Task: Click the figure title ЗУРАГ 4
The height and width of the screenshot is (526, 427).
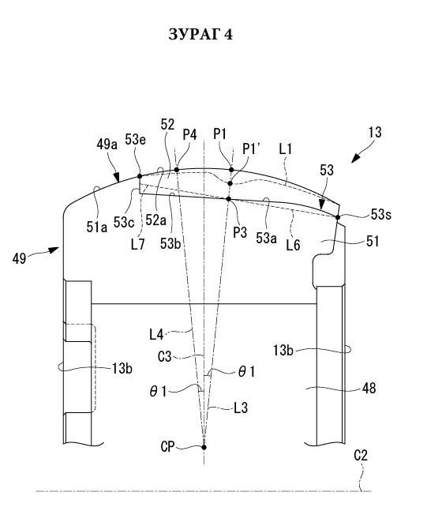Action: (200, 35)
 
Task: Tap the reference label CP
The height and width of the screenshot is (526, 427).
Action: (167, 446)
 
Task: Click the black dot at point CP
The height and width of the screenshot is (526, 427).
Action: (204, 447)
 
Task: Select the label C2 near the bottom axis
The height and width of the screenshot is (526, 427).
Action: (361, 455)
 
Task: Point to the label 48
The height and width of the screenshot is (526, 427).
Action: (369, 388)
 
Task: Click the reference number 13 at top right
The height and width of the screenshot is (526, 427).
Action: (375, 133)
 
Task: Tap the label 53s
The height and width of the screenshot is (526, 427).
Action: (380, 214)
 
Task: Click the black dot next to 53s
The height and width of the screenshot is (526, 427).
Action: (338, 217)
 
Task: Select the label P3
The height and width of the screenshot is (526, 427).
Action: (240, 232)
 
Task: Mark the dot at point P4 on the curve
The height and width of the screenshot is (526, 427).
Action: (177, 169)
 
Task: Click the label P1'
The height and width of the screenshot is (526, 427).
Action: (251, 149)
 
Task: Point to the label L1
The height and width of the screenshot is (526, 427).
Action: (286, 149)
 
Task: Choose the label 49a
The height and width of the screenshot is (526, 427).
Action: (107, 145)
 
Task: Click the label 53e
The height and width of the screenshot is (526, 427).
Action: (136, 140)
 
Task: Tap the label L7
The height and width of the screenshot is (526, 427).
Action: (138, 245)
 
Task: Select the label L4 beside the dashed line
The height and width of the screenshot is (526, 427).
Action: (156, 334)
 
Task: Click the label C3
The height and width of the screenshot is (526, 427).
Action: (164, 357)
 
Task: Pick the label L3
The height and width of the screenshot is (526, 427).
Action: (241, 408)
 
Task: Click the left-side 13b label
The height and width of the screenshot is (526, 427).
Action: (122, 369)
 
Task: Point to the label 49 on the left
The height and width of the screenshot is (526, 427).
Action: (19, 258)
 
